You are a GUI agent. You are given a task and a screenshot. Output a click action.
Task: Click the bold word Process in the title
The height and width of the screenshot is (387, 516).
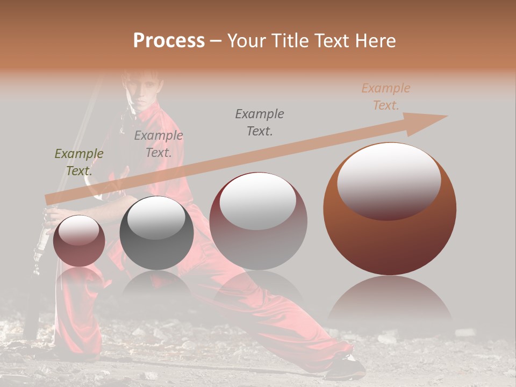point(169,41)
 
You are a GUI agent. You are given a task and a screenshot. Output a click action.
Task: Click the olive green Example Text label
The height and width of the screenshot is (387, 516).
point(79,162)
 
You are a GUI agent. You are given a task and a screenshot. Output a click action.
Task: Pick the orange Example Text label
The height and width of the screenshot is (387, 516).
point(385,97)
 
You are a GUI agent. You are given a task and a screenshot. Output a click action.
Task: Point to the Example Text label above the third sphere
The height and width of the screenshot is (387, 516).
point(260,123)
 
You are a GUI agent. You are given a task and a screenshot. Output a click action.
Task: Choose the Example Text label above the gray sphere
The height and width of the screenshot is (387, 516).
point(159,144)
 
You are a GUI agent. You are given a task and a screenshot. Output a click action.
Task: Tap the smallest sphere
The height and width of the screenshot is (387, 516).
point(79,241)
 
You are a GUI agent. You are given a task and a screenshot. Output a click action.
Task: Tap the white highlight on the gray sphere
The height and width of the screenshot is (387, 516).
point(156,218)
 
